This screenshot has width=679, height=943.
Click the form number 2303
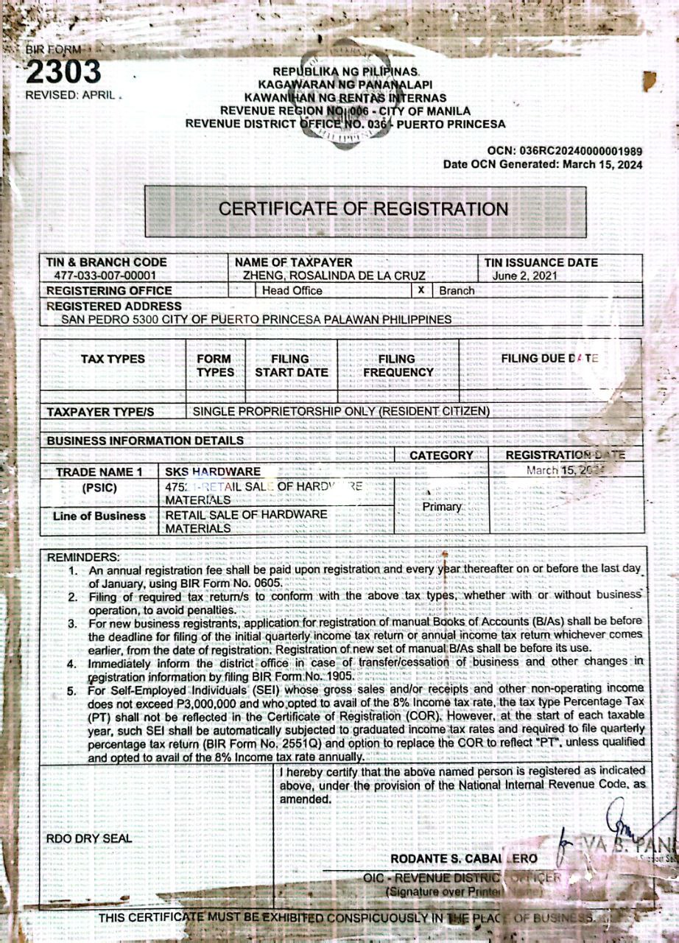coord(63,71)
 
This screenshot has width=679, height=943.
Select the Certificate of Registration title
coord(364,208)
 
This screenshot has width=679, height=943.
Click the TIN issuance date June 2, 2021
coord(525,276)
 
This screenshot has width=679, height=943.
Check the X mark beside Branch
coord(421,290)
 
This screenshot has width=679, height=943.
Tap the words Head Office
coord(292,290)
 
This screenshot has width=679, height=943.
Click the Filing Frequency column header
coord(398,365)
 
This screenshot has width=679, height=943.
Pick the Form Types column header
coord(214,365)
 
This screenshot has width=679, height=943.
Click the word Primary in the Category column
coord(442,507)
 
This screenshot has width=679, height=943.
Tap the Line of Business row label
coord(99,516)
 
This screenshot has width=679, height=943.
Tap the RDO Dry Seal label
coord(89,838)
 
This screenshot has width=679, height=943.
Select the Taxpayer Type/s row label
coord(100,412)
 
